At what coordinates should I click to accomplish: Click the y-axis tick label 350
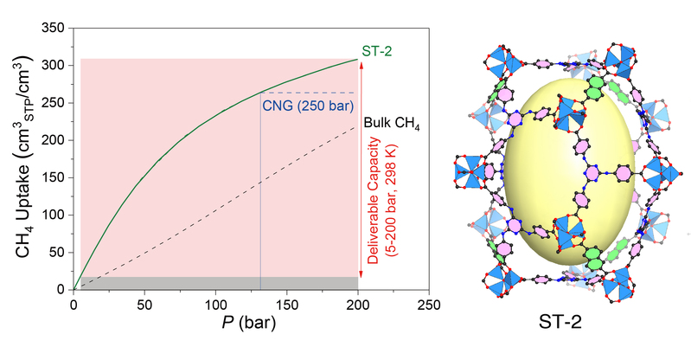54,29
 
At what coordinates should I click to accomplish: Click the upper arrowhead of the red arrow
362,63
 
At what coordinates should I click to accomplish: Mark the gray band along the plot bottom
216,283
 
